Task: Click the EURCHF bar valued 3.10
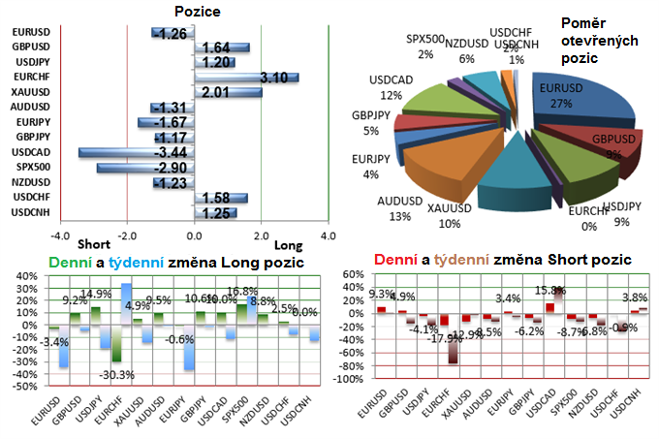coord(247,78)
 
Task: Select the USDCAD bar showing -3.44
coord(137,153)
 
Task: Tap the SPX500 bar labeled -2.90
coord(145,168)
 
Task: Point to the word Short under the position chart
coord(93,244)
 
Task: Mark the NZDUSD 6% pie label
coord(467,50)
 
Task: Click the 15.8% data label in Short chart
coord(549,290)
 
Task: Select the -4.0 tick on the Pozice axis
coord(60,235)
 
